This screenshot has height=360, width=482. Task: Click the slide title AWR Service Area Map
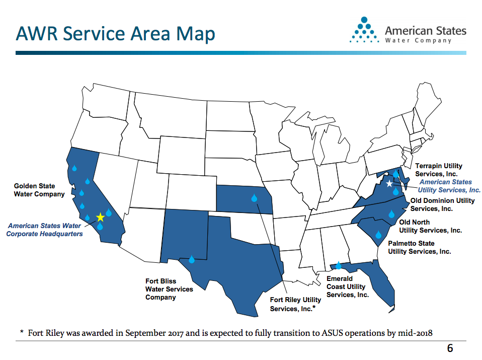tap(115, 33)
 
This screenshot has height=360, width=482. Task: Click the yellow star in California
tap(100, 217)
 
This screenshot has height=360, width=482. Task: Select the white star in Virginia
tap(389, 184)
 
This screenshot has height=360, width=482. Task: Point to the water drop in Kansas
tap(254, 198)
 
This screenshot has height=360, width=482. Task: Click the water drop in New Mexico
tap(191, 259)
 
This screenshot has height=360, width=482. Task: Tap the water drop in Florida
tap(339, 265)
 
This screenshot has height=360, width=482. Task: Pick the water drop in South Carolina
tap(378, 234)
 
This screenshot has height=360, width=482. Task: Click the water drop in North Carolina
tap(391, 214)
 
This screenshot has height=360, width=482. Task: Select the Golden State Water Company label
tap(39, 190)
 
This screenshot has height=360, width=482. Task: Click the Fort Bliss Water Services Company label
tap(169, 290)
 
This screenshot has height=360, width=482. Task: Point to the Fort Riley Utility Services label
tap(295, 304)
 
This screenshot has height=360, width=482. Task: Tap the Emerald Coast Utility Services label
tap(348, 286)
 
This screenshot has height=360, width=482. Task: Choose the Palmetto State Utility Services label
tap(419, 247)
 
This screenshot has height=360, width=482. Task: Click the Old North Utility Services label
tap(430, 226)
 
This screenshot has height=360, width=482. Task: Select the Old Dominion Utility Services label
tap(443, 204)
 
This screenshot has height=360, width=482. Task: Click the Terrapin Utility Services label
tap(438, 170)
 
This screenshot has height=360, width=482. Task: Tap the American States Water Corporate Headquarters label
tap(45, 230)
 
